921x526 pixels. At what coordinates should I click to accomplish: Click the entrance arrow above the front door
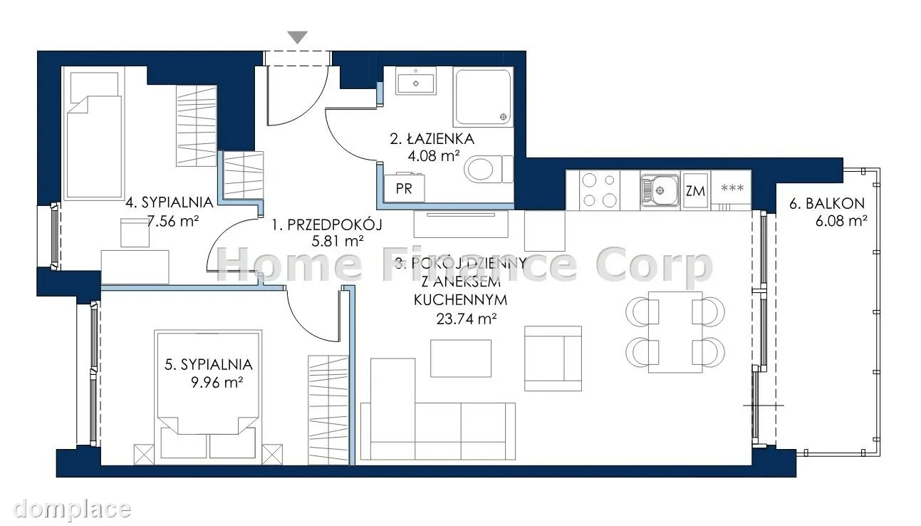(x=298, y=37)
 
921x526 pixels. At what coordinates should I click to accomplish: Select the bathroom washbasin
(x=416, y=84)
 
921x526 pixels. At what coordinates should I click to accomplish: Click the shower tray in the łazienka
(x=484, y=97)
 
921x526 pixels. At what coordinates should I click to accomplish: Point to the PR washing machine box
(x=404, y=189)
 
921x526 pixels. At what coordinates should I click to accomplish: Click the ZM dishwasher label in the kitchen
(x=695, y=191)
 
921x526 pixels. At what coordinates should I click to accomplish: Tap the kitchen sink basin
(x=660, y=190)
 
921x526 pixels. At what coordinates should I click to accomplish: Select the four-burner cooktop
(x=600, y=190)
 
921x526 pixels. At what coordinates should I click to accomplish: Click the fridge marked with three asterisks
(x=732, y=190)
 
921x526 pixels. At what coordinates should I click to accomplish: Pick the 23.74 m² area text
(x=467, y=319)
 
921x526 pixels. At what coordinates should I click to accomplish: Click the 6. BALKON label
(x=827, y=203)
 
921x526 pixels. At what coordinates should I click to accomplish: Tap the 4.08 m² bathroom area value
(x=433, y=156)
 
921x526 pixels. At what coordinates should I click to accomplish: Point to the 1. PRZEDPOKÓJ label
(x=327, y=225)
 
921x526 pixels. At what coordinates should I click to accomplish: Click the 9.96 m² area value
(x=217, y=383)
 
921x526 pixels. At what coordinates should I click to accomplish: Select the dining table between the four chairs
(x=675, y=332)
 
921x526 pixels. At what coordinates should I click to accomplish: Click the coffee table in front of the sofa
(x=460, y=359)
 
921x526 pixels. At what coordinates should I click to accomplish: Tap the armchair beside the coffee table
(x=553, y=359)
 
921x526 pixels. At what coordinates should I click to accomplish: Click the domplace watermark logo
(x=72, y=508)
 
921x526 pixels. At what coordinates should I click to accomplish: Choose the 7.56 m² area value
(x=173, y=221)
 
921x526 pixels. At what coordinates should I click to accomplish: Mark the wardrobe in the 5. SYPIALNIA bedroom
(x=328, y=410)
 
